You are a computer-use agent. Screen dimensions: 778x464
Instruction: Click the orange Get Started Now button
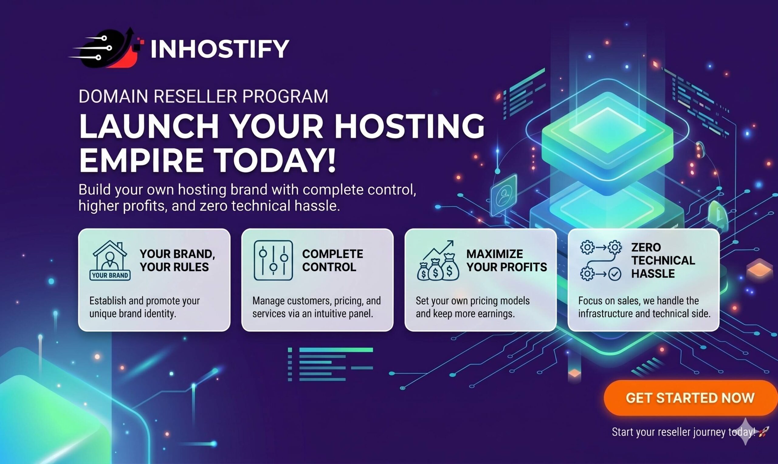(690, 398)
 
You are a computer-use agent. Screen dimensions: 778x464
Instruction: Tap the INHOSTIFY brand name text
(220, 49)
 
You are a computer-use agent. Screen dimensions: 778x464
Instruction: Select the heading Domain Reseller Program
(203, 96)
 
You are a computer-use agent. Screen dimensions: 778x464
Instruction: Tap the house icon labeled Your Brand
(110, 261)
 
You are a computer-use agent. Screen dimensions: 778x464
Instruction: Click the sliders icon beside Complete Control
(274, 261)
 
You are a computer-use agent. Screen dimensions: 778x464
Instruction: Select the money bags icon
(438, 261)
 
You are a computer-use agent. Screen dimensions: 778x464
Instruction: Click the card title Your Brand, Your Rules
(177, 261)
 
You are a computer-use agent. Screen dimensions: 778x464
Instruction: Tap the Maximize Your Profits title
(507, 261)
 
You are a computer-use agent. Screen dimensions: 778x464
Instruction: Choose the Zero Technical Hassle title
(663, 261)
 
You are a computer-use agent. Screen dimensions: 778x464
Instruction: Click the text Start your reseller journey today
(684, 432)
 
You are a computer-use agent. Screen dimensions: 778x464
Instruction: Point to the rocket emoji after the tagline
(764, 432)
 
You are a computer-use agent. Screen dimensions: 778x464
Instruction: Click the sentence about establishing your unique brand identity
(145, 307)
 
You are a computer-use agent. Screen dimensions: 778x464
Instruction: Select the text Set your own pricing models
(473, 301)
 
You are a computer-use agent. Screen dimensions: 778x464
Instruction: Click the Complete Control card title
(332, 261)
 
